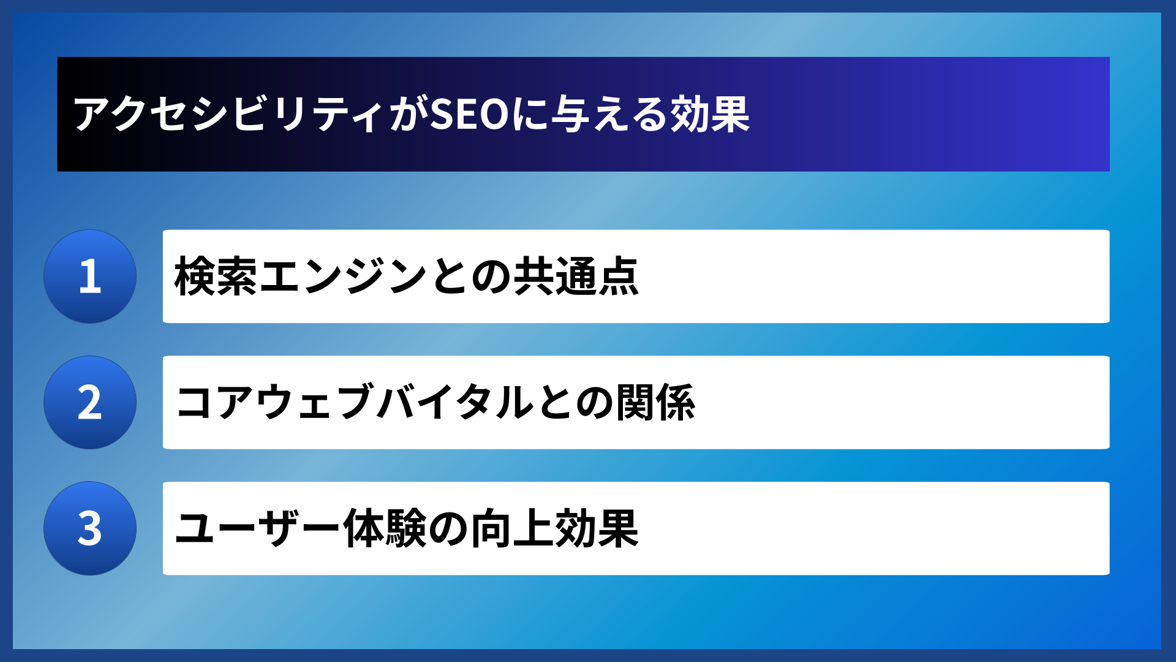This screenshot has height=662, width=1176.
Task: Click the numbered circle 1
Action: point(90,276)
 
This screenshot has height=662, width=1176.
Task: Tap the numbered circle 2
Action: point(90,403)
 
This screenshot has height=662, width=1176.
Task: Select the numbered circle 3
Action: point(90,528)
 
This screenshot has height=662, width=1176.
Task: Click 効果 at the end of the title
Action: point(710,115)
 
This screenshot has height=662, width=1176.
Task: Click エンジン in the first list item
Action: point(343,277)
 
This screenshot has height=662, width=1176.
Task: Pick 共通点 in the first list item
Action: point(576,277)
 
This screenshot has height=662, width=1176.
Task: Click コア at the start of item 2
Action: point(214,403)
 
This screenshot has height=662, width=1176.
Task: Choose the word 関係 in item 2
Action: point(655,403)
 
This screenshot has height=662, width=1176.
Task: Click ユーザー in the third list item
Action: point(257,528)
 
